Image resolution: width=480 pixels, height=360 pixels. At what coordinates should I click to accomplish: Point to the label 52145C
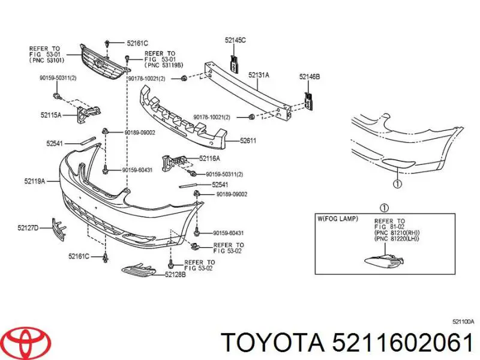pos(235,40)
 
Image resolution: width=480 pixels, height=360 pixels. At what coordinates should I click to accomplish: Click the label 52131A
pos(259,75)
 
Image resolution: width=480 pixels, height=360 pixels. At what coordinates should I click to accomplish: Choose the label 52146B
pos(310,77)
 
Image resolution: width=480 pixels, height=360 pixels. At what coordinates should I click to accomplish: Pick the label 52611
pos(248,141)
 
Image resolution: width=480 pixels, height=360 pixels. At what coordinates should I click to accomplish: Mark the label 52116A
pos(209,158)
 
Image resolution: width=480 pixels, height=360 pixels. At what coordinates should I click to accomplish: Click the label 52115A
pos(51,115)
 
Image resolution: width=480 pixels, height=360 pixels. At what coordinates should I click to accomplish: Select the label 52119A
pos(35,180)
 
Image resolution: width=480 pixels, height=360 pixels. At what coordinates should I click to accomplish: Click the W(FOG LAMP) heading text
pos(338,219)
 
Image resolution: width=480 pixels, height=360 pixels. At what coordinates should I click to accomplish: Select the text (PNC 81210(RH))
pos(396,233)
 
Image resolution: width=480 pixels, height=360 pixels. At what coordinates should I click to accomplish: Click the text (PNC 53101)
pos(46,60)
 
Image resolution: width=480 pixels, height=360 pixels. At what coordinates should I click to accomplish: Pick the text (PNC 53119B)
pos(162,65)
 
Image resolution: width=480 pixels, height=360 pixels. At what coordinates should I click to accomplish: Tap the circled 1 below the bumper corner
pos(397,184)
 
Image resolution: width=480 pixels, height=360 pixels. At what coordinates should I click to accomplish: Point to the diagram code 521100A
pos(463,322)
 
